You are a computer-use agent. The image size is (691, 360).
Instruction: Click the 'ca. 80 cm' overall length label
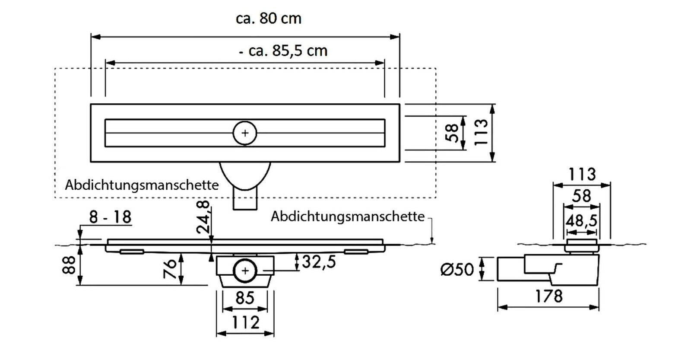click(269, 19)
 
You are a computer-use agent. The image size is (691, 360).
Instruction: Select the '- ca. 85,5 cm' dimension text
click(283, 51)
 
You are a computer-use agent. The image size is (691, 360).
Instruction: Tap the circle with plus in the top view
click(245, 133)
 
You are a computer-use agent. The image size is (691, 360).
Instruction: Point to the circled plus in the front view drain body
click(245, 271)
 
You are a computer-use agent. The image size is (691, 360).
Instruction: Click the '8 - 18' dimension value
click(110, 217)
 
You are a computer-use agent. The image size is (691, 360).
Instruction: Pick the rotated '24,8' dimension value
click(203, 217)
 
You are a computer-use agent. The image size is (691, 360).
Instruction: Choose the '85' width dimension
click(245, 298)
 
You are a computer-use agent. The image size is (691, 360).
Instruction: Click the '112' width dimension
click(245, 322)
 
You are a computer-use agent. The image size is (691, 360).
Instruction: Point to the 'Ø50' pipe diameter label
click(457, 270)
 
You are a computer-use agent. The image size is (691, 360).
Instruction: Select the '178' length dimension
click(548, 296)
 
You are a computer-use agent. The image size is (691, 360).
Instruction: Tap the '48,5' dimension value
click(581, 221)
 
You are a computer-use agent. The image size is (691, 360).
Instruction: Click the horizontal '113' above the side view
click(582, 174)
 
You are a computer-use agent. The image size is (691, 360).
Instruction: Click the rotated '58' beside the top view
click(452, 133)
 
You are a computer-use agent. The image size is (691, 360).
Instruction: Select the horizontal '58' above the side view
click(581, 196)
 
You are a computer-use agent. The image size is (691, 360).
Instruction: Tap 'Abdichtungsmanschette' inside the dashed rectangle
click(142, 185)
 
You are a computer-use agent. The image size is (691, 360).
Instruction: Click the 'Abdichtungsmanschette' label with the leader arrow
click(348, 216)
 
